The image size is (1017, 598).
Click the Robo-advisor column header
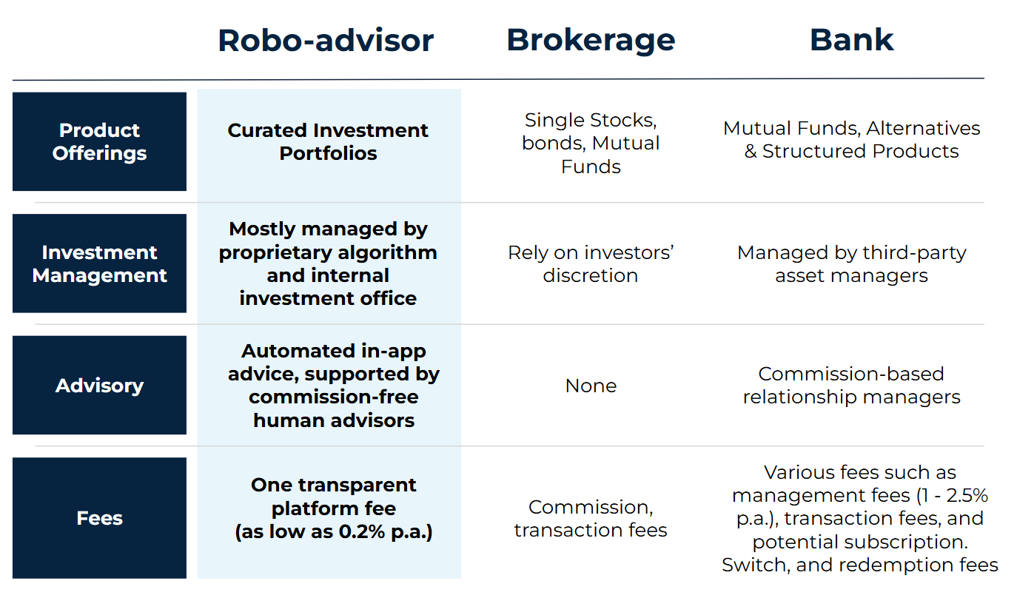coord(326,41)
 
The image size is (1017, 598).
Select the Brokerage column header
coord(591,41)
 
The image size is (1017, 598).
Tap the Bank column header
coord(852,40)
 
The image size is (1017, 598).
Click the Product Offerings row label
coord(99,141)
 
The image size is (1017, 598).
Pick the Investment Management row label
coord(99,263)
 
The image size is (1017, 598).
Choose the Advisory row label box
coord(99,385)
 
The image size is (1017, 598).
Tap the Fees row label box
coord(99,518)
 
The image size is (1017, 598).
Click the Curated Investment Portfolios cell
coord(328,141)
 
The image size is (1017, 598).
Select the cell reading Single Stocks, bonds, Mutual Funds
coord(591,143)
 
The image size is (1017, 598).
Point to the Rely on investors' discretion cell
coord(591,263)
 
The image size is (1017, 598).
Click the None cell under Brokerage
coord(591,386)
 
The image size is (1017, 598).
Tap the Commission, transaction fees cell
coord(591,519)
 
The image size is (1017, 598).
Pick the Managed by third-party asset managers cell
coord(852,263)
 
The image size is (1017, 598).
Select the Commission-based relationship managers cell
coord(852,385)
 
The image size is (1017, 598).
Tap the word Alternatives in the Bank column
coord(924,129)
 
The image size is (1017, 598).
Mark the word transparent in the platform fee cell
coord(357,486)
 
